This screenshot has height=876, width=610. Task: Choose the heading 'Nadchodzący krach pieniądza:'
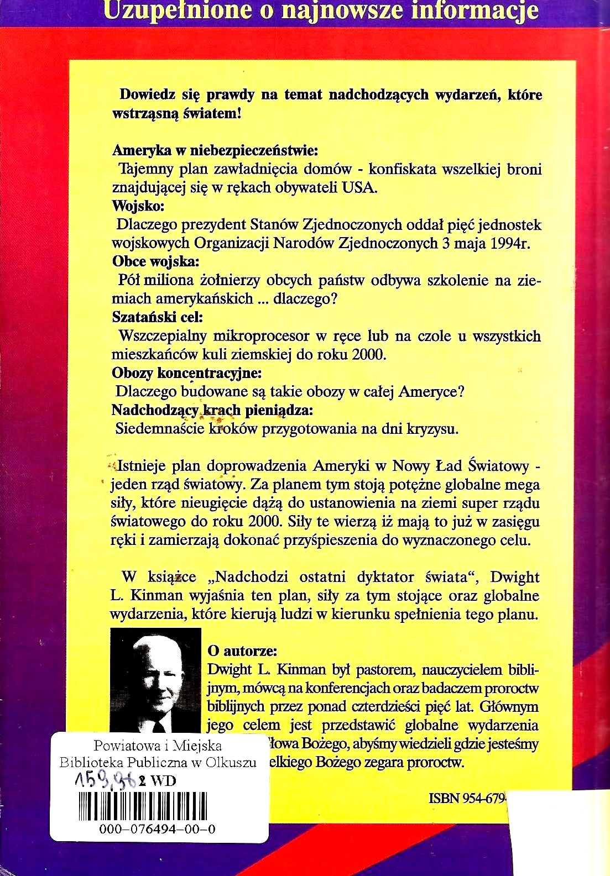212,411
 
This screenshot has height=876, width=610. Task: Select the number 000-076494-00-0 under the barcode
158,829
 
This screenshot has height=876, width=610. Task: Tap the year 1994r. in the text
509,244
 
